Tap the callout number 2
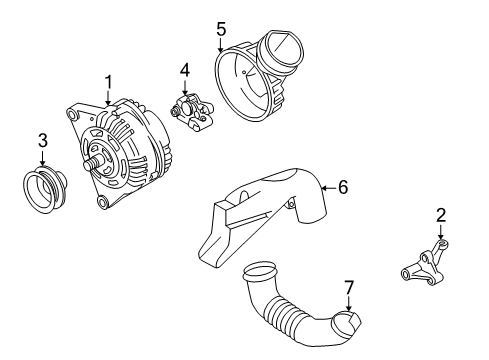[x=441, y=215]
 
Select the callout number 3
[x=43, y=140]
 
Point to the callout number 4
[x=185, y=71]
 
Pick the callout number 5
[x=221, y=29]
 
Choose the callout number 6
[x=343, y=187]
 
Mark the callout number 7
[x=349, y=287]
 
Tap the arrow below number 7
[x=349, y=304]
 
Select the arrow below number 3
[x=43, y=158]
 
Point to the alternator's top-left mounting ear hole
[x=71, y=115]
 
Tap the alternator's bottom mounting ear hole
[x=102, y=202]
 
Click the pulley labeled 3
[x=45, y=189]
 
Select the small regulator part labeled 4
[x=192, y=112]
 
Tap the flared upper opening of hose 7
[x=260, y=269]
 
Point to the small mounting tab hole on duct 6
[x=291, y=203]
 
